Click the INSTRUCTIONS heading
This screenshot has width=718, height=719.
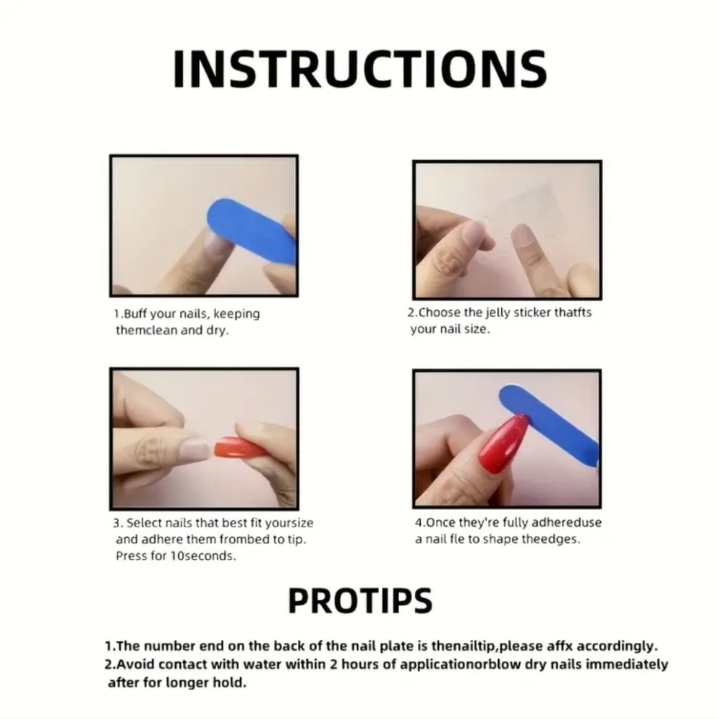pos(360,69)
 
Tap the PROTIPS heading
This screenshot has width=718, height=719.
pos(360,600)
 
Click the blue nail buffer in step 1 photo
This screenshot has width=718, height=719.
pos(252,231)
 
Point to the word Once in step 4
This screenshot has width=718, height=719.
pos(439,523)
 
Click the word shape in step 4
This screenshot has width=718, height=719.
pos(501,539)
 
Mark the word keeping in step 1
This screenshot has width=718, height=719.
pos(237,315)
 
